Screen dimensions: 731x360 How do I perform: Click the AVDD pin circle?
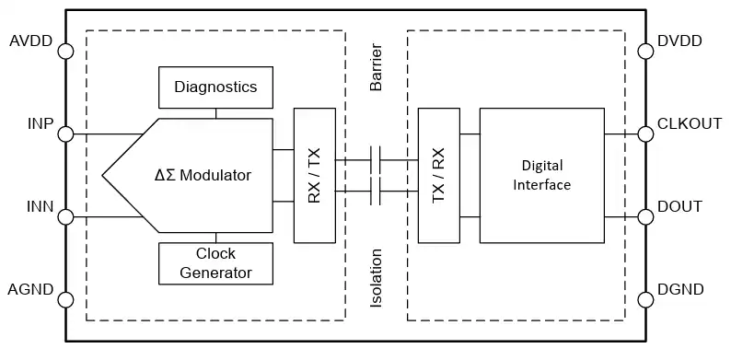point(65,52)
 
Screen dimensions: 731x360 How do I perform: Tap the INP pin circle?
point(65,134)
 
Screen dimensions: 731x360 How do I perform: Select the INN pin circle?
point(65,217)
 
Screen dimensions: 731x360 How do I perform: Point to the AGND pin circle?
point(65,300)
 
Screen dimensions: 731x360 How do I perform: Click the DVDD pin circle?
point(645,52)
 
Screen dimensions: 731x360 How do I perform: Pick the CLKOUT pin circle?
point(645,134)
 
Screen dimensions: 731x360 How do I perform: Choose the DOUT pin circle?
point(645,217)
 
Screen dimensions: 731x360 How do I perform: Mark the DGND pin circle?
point(645,300)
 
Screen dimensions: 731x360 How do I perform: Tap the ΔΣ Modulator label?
point(203,175)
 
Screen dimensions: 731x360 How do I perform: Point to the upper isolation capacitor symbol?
point(376,160)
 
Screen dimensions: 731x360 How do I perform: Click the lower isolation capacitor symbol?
point(376,191)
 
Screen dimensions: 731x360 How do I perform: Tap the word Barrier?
point(376,67)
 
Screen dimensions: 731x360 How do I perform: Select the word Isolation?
point(376,278)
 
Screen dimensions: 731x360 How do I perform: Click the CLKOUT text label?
point(690,123)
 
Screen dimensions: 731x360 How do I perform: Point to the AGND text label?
point(30,290)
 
